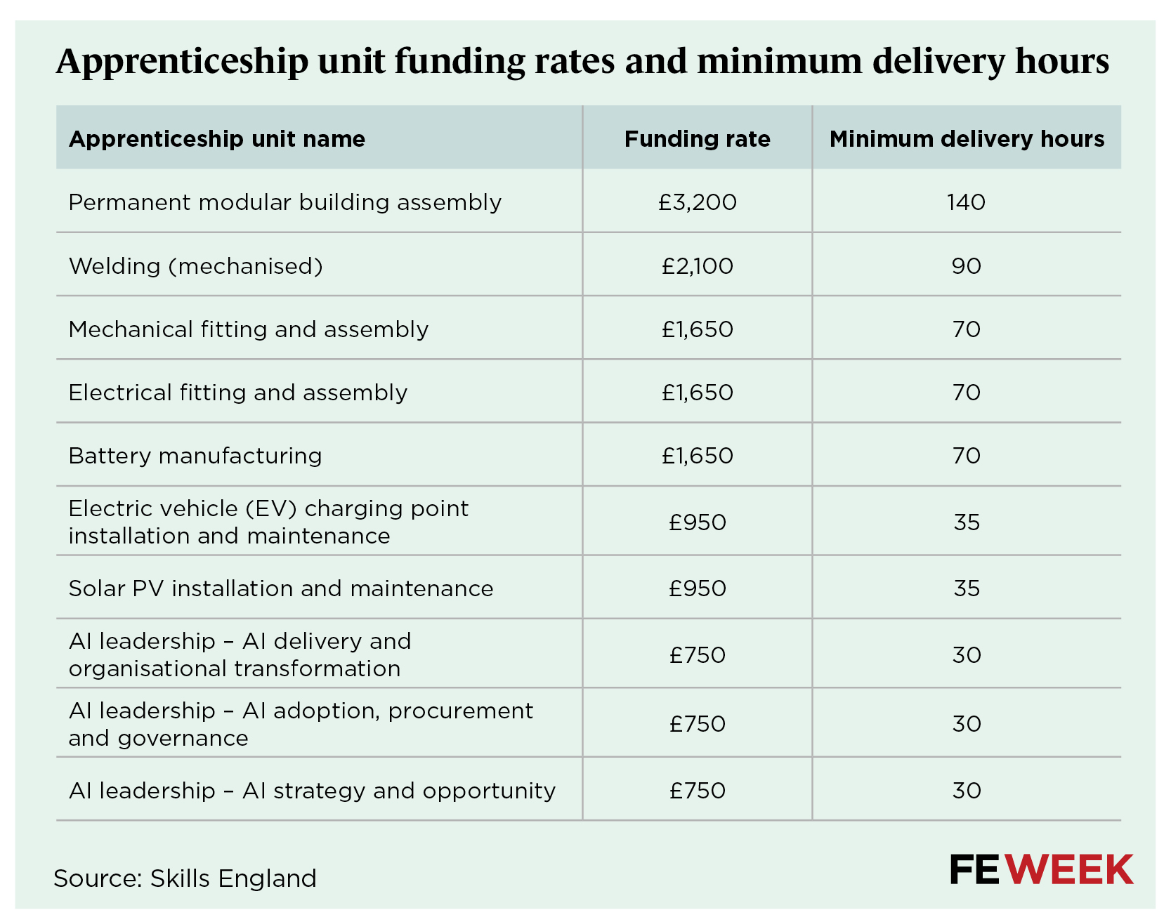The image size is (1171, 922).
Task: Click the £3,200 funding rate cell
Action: [697, 202]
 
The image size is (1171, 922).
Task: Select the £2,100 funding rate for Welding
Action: [697, 266]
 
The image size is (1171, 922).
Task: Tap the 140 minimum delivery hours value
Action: [966, 202]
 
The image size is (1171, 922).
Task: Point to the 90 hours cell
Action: [966, 266]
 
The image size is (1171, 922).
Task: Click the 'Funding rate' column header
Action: [697, 139]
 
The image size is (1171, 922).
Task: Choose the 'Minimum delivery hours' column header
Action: [967, 139]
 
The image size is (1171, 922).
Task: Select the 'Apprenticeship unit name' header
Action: [217, 139]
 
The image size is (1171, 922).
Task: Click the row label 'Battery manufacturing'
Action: [195, 456]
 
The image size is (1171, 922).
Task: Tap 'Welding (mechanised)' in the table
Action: [196, 266]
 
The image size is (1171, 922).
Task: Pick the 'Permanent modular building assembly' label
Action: [285, 202]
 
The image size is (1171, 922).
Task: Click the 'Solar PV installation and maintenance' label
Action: [281, 588]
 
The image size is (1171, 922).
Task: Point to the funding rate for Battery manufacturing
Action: [697, 456]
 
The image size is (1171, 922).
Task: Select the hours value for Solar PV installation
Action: [967, 588]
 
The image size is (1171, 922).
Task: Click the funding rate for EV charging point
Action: [697, 522]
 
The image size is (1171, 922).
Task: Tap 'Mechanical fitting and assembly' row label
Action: [249, 329]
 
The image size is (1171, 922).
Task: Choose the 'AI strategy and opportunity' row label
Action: [312, 791]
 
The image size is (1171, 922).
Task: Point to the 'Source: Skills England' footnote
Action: [185, 878]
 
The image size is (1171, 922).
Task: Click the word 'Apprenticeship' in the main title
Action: [182, 62]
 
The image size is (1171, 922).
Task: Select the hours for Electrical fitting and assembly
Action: [967, 393]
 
